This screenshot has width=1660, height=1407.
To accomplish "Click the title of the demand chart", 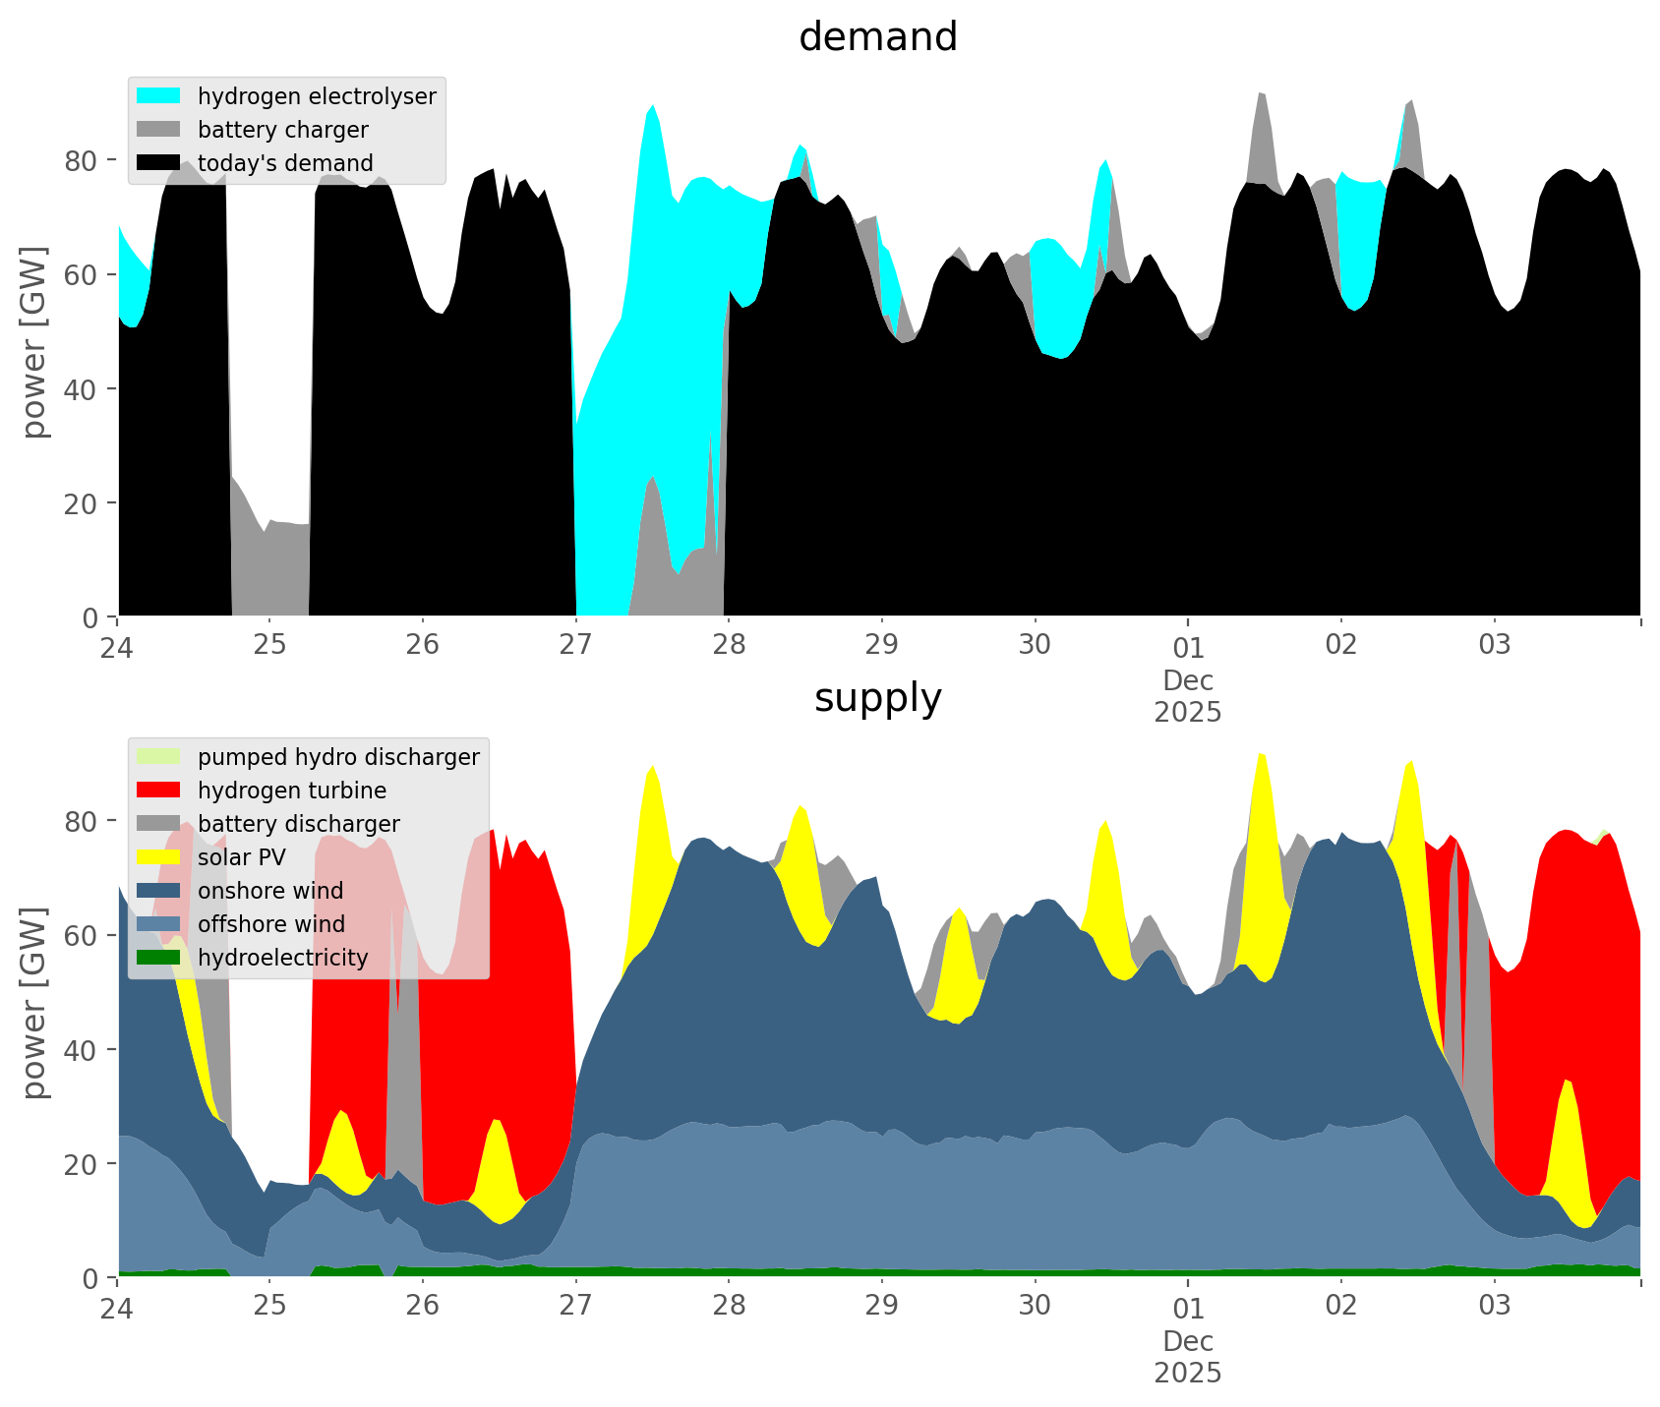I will tap(877, 37).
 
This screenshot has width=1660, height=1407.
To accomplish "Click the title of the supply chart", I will tap(877, 698).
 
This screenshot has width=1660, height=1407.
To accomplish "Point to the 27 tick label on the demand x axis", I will tap(575, 645).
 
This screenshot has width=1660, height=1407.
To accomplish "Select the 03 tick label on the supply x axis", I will tap(1494, 1306).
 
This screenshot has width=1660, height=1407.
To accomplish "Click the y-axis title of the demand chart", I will tap(34, 342).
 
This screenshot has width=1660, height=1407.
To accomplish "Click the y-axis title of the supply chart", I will tap(34, 1003).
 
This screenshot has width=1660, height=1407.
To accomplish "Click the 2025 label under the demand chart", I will tap(1188, 712).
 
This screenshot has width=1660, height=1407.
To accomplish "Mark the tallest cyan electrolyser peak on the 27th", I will tap(652, 105).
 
